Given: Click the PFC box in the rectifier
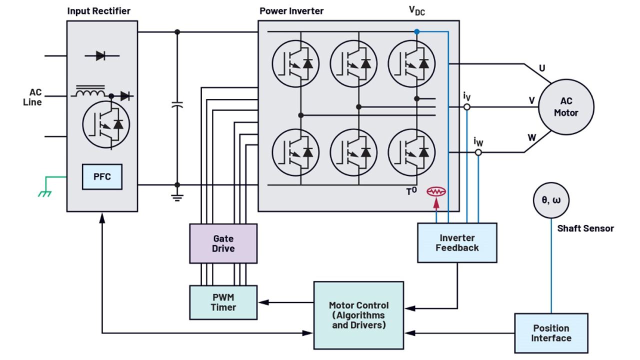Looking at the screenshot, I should point(102,176).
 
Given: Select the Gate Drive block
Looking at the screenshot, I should point(223,243).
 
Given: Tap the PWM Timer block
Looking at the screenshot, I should point(223,302).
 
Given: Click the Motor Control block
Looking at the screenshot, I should point(358,315).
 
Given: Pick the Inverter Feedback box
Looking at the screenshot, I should point(457,242).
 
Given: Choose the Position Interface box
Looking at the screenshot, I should point(551,333).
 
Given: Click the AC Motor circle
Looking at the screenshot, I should point(565,107).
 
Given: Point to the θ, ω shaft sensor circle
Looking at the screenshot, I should point(551,200).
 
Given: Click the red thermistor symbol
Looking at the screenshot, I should point(436,191).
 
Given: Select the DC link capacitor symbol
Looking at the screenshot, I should point(177,105).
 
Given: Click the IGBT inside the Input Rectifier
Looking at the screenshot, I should point(106,123).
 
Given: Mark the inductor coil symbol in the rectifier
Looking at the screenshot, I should point(90,92).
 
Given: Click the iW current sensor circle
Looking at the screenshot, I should point(478,152).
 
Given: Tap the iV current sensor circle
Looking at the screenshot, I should point(466,107).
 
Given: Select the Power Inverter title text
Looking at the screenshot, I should point(291,11).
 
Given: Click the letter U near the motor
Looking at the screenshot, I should point(542,68).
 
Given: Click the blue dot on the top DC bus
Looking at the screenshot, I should point(416,32).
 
